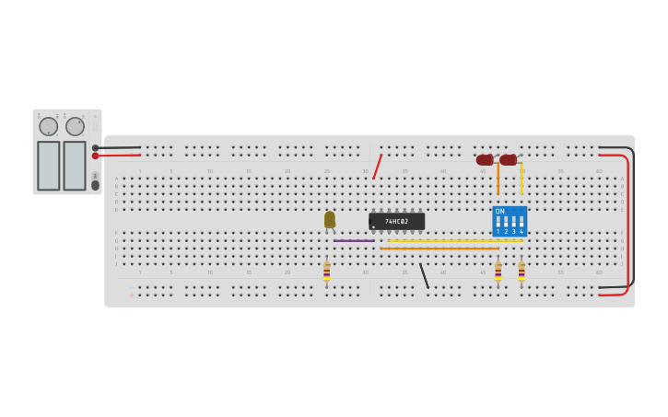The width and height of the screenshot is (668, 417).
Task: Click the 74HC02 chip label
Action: [396, 222]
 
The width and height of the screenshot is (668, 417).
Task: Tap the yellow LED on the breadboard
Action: [330, 219]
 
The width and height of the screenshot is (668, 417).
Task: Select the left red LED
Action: [485, 160]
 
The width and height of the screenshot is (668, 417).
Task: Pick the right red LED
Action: [509, 160]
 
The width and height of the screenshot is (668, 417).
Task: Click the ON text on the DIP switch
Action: [500, 212]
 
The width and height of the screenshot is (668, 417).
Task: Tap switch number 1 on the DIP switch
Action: [498, 222]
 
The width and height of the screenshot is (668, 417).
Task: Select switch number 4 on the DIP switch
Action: [522, 222]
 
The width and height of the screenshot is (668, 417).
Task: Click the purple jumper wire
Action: [354, 240]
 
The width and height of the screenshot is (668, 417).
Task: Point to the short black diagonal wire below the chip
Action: [424, 275]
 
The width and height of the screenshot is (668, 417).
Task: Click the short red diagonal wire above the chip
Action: [377, 167]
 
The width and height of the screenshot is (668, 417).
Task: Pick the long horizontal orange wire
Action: [439, 249]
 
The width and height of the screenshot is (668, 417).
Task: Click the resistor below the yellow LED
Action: [326, 272]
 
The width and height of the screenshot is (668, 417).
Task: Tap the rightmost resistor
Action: [522, 272]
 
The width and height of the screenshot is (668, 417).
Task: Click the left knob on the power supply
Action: [48, 126]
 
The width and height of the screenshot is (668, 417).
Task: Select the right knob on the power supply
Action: [75, 126]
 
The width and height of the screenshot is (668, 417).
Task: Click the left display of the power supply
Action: [49, 166]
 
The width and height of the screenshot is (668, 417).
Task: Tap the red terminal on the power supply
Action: [95, 156]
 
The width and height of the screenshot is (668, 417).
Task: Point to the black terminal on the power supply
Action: [95, 147]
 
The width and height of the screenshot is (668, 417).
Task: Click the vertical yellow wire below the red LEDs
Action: [522, 179]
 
